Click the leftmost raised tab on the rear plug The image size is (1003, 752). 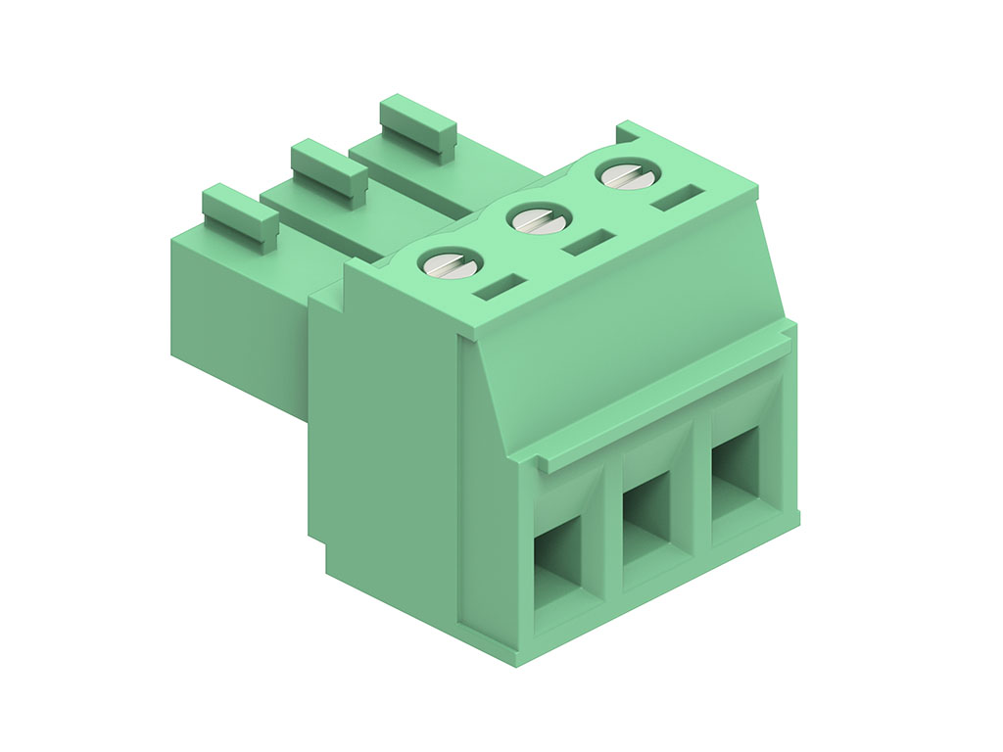tap(240, 214)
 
